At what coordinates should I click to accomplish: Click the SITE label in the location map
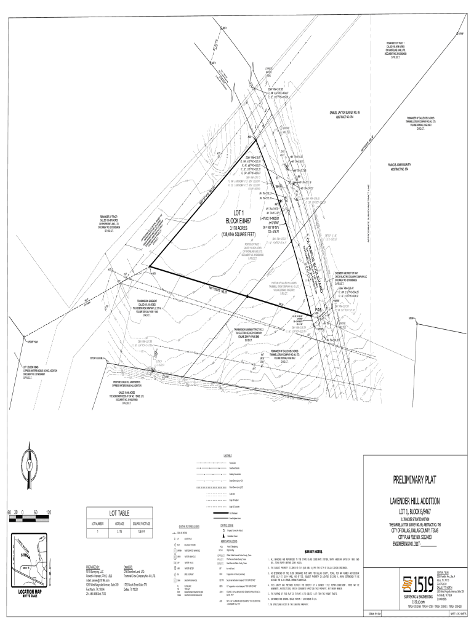tap(24, 554)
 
